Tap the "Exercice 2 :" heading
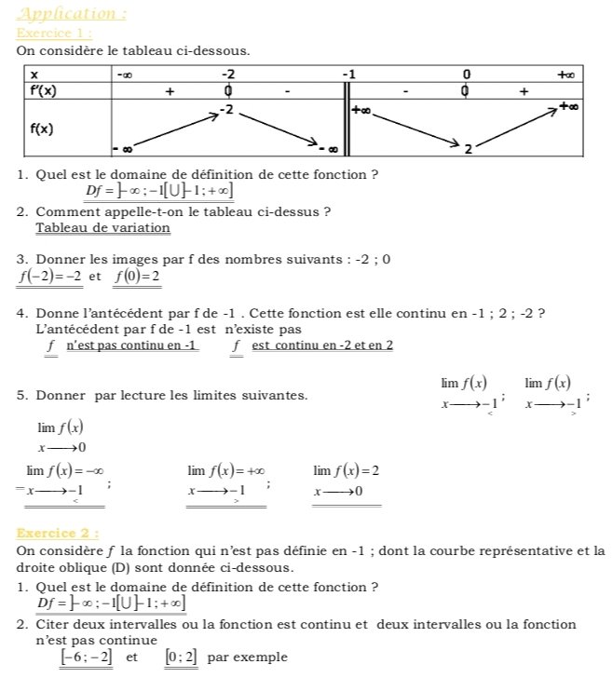click(x=58, y=534)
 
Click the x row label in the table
click(x=34, y=75)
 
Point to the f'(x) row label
click(x=43, y=91)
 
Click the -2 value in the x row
click(x=228, y=75)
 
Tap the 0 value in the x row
click(x=467, y=75)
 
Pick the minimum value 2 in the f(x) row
click(x=469, y=148)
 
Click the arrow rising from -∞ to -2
click(x=172, y=129)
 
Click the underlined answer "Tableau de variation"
click(x=102, y=228)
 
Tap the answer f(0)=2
click(x=138, y=277)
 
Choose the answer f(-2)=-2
click(x=49, y=277)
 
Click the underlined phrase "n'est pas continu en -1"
click(x=131, y=345)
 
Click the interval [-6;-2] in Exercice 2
click(x=86, y=657)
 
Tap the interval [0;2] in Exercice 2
click(x=182, y=657)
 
